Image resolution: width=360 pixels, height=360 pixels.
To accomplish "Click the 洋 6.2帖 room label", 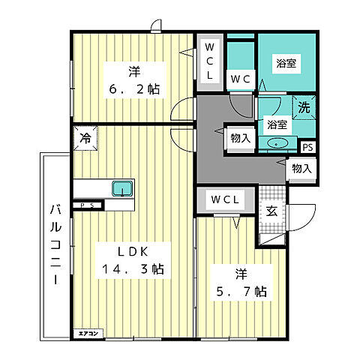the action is (134, 80).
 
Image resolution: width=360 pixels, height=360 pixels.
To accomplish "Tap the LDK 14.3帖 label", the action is (133, 260).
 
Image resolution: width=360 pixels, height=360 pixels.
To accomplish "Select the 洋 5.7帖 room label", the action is (241, 283).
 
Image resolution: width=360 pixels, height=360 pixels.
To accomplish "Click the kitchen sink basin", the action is (122, 188).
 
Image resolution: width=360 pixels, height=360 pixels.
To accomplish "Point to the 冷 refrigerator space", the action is (85, 138).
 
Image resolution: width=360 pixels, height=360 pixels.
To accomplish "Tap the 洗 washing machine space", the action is (304, 107).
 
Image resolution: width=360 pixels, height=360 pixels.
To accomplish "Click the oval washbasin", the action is (277, 143).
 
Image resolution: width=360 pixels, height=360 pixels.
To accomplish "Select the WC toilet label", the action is (241, 79).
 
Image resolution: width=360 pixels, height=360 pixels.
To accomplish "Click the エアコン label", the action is (88, 334).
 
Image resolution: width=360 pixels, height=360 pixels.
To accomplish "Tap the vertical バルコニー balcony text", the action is (55, 244).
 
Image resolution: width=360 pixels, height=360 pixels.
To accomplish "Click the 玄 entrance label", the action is (271, 211).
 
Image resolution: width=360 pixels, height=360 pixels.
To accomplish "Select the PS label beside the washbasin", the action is (308, 147).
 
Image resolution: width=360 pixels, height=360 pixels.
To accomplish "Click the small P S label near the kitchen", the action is (87, 205).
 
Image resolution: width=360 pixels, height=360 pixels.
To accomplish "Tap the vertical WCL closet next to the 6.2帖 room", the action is (209, 62).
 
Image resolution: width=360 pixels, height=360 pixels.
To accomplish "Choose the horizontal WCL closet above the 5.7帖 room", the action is (225, 199).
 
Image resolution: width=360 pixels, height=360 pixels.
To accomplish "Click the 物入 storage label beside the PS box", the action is (302, 169).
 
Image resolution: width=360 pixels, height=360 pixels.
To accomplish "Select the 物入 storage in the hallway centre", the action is (241, 138).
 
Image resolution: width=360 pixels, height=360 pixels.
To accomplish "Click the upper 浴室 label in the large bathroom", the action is (286, 63).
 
